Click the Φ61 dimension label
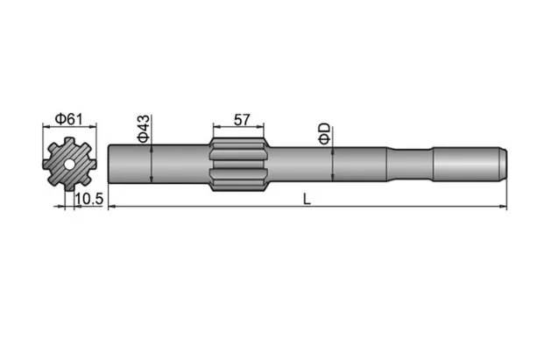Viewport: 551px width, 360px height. (x=69, y=119)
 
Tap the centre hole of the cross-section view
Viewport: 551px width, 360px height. (x=68, y=164)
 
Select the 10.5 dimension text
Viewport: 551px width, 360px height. (x=89, y=200)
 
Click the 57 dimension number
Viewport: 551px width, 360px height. (x=239, y=119)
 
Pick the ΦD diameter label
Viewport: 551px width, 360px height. (x=324, y=133)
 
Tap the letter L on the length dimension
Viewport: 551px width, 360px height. (x=307, y=199)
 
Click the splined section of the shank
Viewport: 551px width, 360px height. (x=239, y=163)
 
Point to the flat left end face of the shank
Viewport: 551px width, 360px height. (x=109, y=164)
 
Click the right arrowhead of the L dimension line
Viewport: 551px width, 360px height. (x=505, y=207)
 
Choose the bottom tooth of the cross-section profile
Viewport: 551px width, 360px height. (x=68, y=186)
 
